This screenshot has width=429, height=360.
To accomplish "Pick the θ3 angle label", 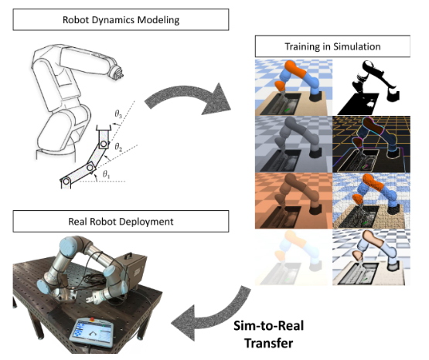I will click(117, 114).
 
